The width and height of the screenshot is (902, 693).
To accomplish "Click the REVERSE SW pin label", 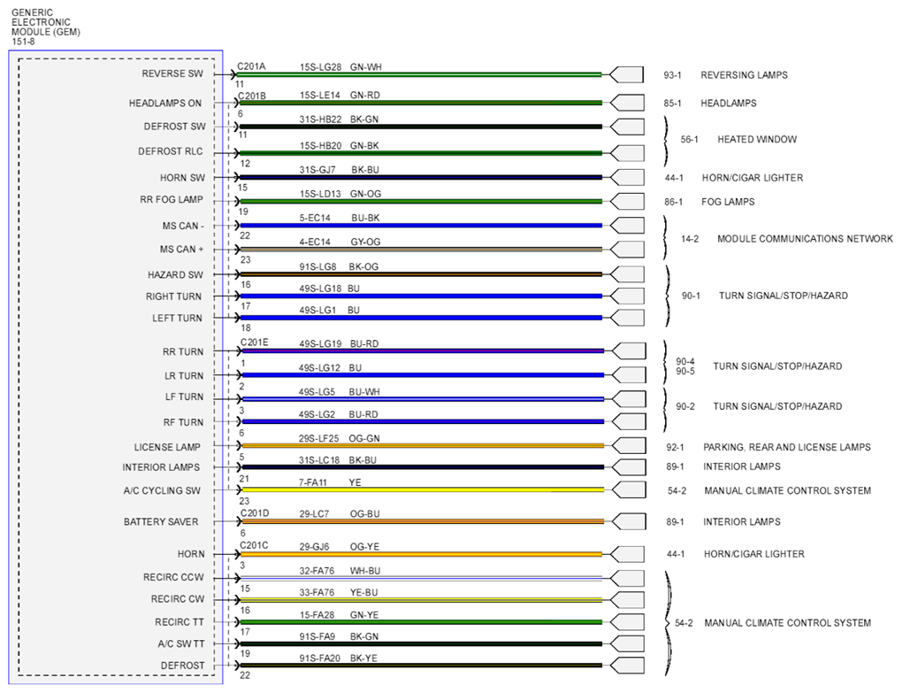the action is [172, 73].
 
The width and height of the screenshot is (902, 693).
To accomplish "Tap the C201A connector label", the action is [251, 66].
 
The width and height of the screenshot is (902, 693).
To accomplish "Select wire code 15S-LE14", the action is [320, 95].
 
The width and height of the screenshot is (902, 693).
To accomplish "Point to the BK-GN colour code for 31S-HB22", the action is [364, 119].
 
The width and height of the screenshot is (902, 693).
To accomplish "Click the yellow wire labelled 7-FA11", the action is [423, 489].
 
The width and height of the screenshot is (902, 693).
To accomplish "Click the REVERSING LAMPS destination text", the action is [744, 75].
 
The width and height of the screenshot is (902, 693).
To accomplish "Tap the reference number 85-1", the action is [672, 103].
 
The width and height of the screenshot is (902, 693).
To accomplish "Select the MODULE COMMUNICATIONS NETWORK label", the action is [805, 238].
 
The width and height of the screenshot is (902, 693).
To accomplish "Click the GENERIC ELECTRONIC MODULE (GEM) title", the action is [45, 27].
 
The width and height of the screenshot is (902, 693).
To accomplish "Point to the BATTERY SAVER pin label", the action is [161, 521].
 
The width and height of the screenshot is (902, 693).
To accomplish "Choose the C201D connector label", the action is [255, 512].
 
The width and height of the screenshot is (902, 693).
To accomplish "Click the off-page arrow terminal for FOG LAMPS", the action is [626, 202].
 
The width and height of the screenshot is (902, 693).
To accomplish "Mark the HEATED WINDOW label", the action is [757, 139].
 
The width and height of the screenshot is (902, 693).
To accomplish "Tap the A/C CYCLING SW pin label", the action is [162, 490].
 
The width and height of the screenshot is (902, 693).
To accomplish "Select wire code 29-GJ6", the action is [314, 546].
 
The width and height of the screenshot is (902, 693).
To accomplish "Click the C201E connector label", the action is [255, 343].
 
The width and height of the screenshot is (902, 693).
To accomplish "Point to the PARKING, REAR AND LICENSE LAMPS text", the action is [786, 447].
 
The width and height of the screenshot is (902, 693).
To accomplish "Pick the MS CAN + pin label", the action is [182, 250].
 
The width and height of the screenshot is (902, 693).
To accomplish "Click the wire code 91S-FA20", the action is [319, 658].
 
